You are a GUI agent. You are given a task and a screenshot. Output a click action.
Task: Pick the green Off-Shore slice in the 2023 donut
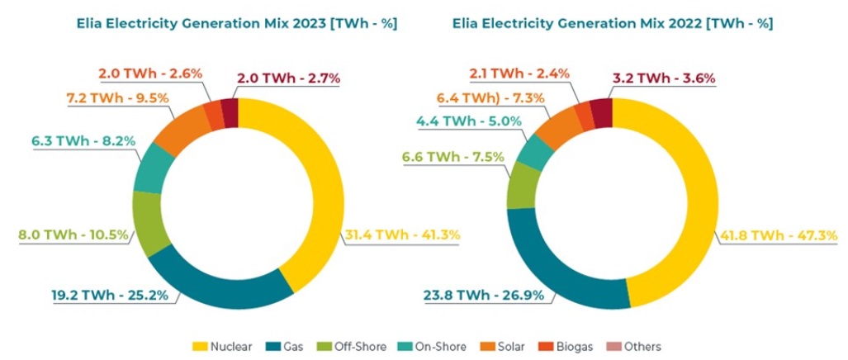[x=150, y=222]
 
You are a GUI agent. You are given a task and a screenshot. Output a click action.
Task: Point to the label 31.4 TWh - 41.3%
[x=400, y=235]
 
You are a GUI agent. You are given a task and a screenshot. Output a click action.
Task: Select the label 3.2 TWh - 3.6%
[x=663, y=79]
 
